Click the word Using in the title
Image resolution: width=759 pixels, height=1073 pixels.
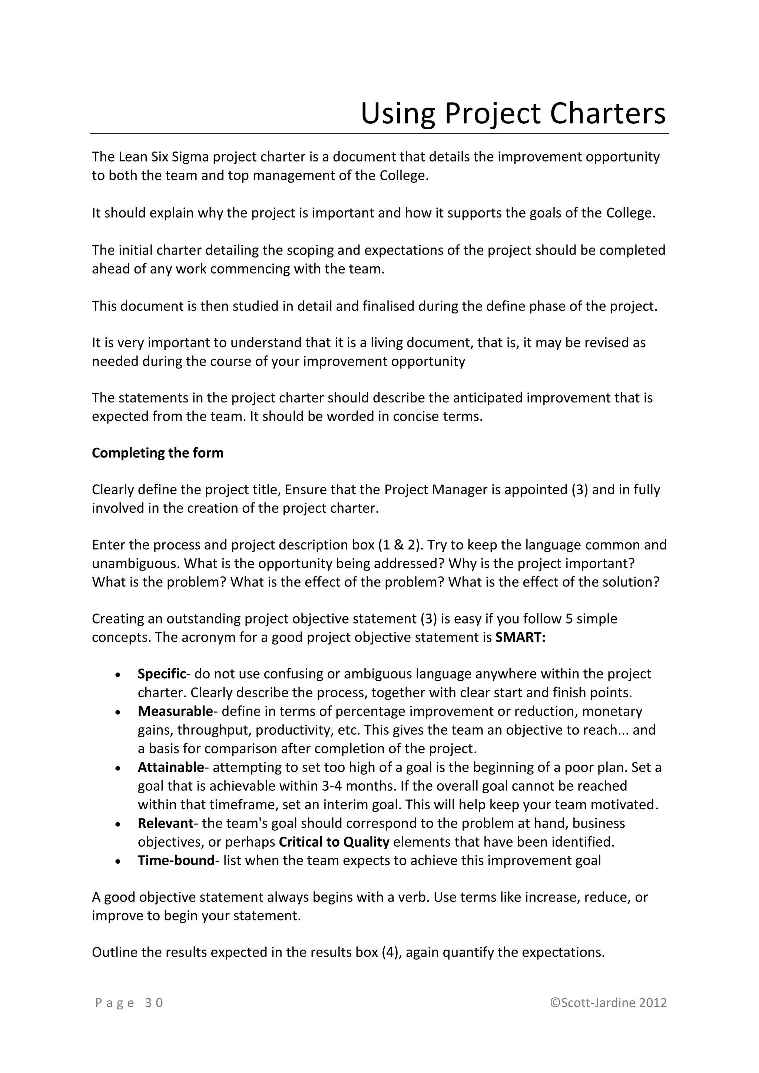[x=397, y=114]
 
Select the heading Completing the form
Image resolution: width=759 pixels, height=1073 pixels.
[x=158, y=453]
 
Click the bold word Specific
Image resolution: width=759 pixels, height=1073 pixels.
[x=162, y=674]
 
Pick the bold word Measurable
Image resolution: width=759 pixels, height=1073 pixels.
[x=175, y=711]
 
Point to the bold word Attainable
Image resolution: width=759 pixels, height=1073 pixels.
[x=170, y=767]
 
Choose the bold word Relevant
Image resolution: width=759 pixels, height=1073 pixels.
[x=165, y=823]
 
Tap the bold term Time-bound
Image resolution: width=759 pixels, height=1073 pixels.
[x=176, y=860]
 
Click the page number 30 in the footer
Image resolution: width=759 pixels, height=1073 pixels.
[x=154, y=1003]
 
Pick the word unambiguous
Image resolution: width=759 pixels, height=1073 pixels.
[x=135, y=564]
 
